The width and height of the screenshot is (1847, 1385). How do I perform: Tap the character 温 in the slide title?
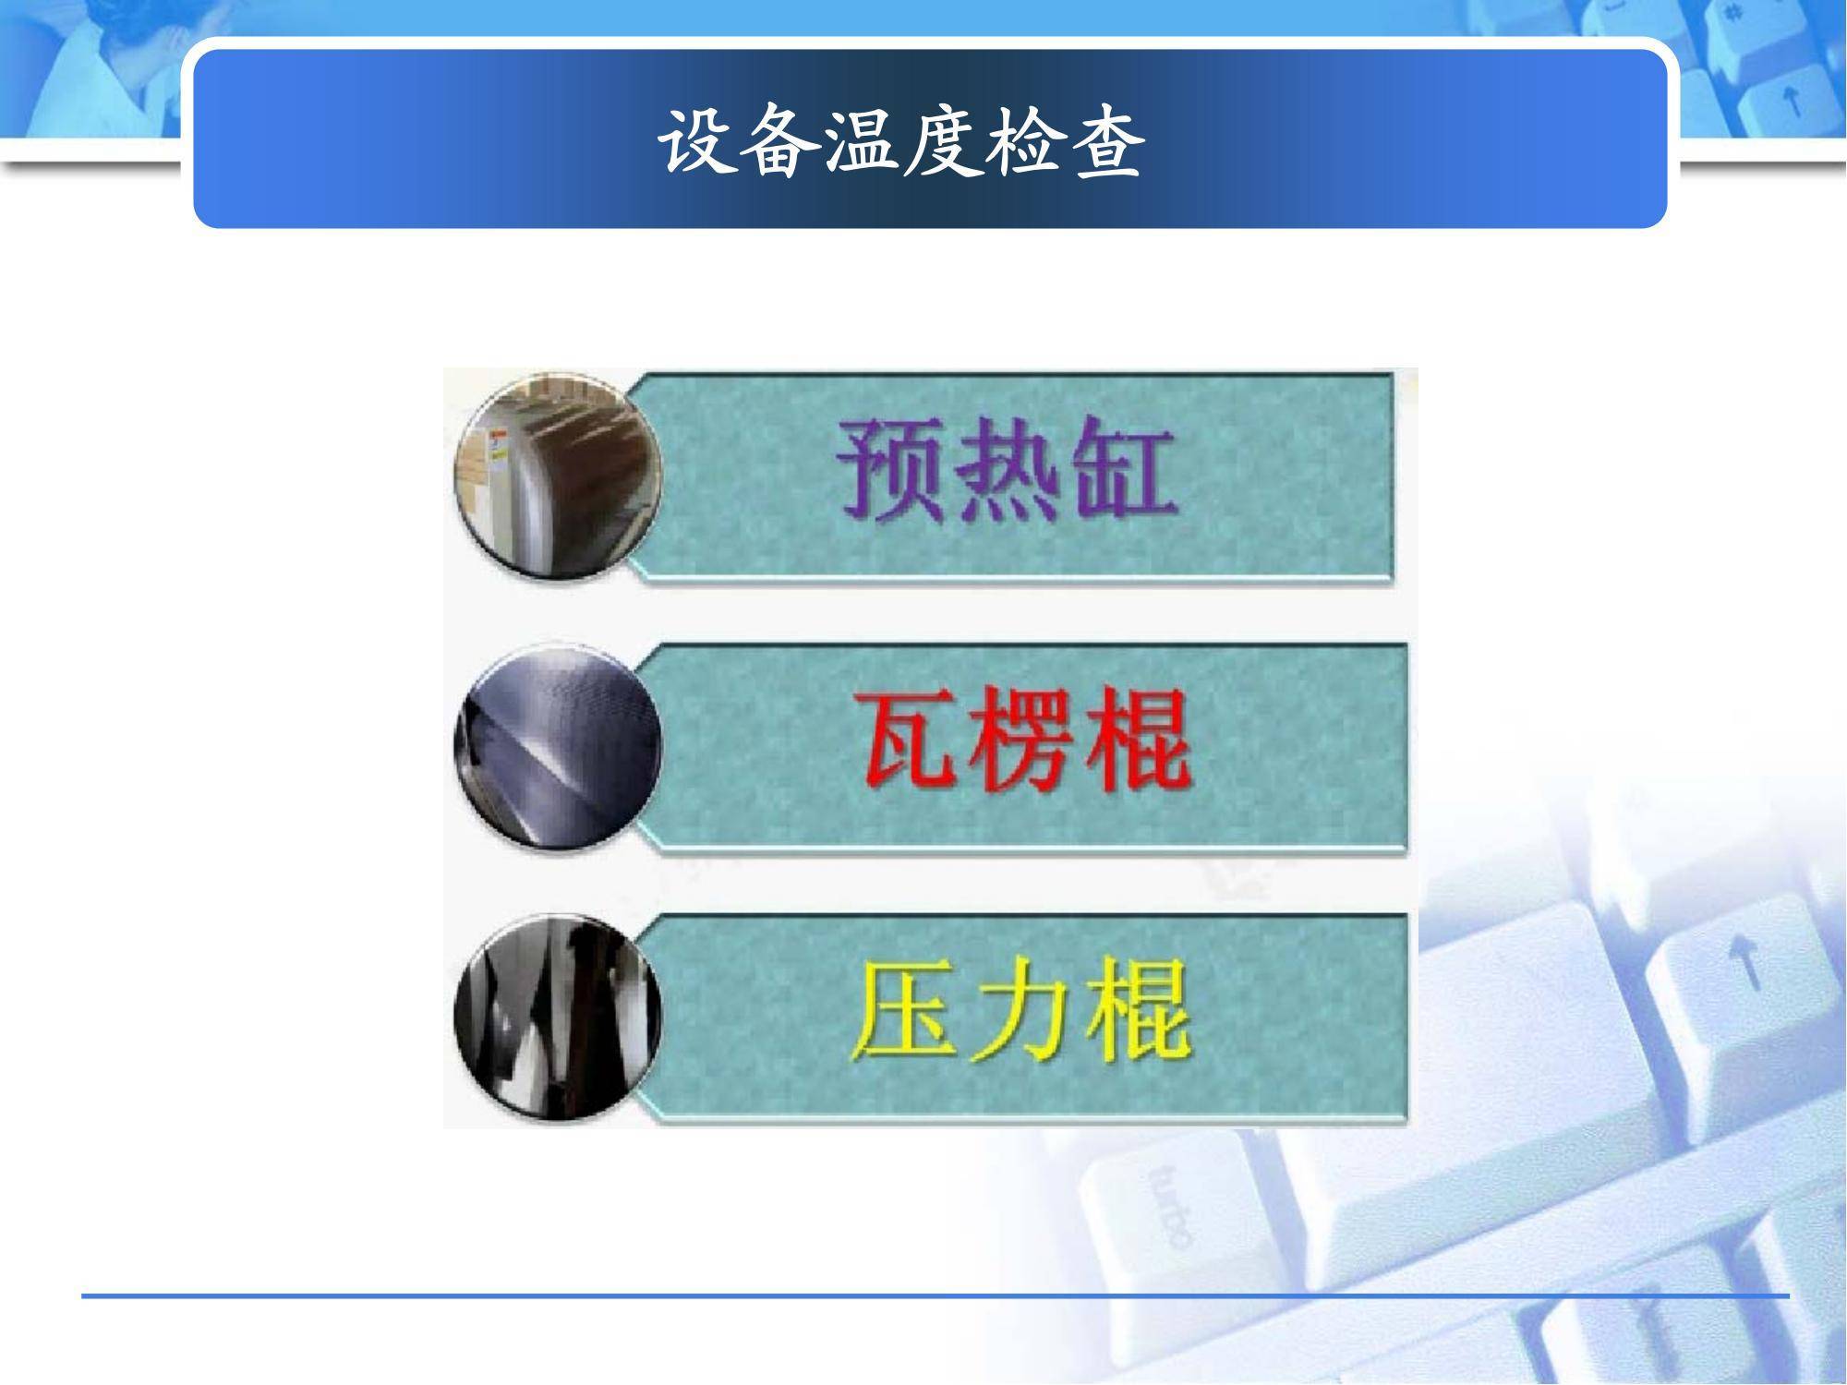pos(861,143)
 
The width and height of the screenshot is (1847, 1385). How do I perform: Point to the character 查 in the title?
pos(1105,143)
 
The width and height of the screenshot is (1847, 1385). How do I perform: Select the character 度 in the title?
pos(942,143)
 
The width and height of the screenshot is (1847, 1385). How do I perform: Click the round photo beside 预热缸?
pos(559,476)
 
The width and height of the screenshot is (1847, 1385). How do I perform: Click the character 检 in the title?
pos(1023,143)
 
